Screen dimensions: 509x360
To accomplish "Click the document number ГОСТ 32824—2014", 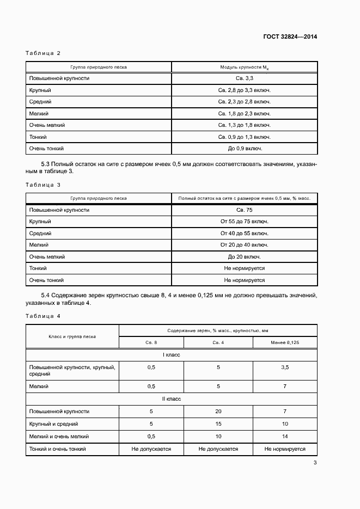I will [x=291, y=37].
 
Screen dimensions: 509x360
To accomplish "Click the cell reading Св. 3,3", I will [x=244, y=78].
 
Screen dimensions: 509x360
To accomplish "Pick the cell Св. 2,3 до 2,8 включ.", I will [x=244, y=102].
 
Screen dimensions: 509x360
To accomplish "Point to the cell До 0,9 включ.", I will [x=244, y=148].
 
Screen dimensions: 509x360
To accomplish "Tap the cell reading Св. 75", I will [x=244, y=210].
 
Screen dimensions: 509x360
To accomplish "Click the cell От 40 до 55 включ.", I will [x=244, y=234].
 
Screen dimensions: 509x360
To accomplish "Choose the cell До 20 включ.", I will [x=244, y=257].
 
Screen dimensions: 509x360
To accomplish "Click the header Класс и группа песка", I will [x=72, y=336].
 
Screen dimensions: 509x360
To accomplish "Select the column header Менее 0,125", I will [x=284, y=342].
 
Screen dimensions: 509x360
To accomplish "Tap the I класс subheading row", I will [x=172, y=355].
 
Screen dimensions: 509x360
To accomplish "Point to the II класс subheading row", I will [x=172, y=399].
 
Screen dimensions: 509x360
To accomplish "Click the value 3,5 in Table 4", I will [x=284, y=368].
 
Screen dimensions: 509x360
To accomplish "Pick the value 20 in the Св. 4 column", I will [x=218, y=412].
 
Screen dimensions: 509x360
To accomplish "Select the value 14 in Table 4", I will [x=284, y=437].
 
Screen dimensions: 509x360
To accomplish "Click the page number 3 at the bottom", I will [x=315, y=463].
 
